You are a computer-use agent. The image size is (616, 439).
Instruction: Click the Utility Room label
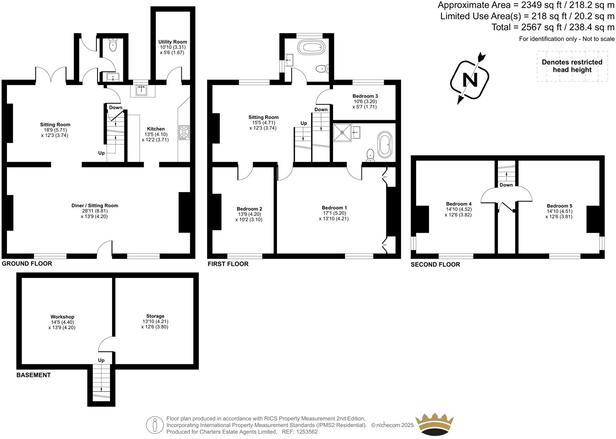pyautogui.click(x=173, y=42)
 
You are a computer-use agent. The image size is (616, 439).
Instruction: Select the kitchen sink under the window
pyautogui.click(x=141, y=90)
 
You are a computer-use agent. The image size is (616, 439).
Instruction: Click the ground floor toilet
pyautogui.click(x=112, y=45)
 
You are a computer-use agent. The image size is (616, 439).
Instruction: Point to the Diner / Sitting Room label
pyautogui.click(x=95, y=206)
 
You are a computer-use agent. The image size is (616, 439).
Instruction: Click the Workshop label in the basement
pyautogui.click(x=62, y=317)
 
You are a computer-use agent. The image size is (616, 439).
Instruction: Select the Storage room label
pyautogui.click(x=155, y=316)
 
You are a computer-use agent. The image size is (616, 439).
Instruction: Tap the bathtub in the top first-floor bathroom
pyautogui.click(x=311, y=47)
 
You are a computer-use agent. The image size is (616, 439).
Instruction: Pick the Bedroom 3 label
pyautogui.click(x=365, y=96)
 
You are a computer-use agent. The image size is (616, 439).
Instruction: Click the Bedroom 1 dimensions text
pyautogui.click(x=334, y=216)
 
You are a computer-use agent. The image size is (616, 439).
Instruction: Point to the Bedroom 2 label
pyautogui.click(x=249, y=209)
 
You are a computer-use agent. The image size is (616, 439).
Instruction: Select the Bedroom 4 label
pyautogui.click(x=459, y=204)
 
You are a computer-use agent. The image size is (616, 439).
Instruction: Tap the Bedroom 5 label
pyautogui.click(x=559, y=206)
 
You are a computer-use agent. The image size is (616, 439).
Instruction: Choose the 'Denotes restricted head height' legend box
pyautogui.click(x=572, y=66)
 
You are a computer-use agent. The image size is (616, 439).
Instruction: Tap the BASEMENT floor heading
pyautogui.click(x=33, y=375)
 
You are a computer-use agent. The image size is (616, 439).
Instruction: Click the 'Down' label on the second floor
pyautogui.click(x=506, y=185)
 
